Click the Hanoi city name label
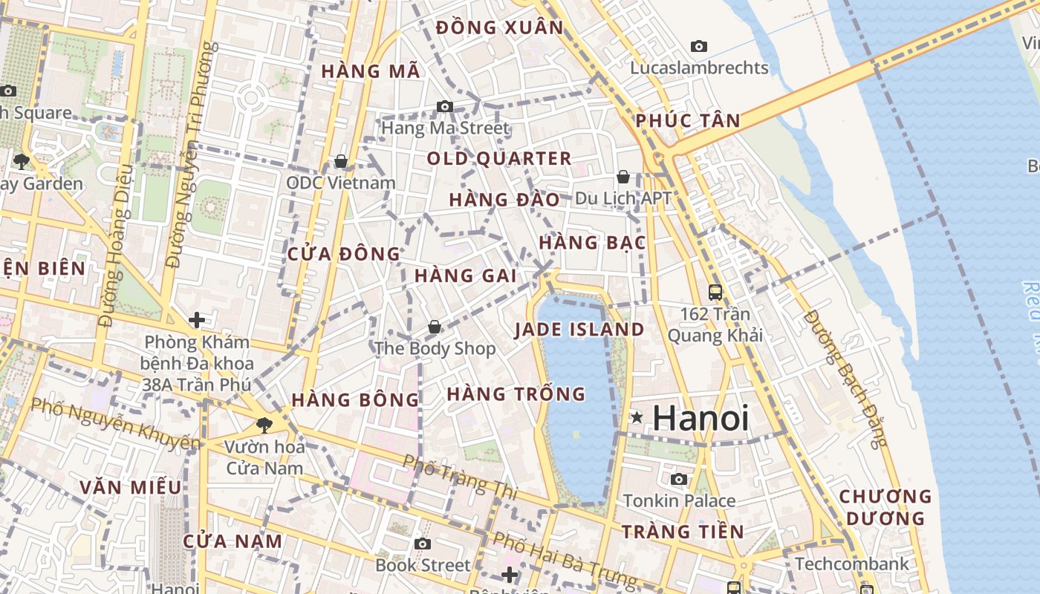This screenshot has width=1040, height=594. click(701, 418)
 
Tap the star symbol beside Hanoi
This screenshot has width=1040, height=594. click(637, 418)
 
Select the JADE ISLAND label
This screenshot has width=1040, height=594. click(579, 330)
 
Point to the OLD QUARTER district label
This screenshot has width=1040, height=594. click(499, 158)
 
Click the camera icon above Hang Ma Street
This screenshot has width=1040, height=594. click(445, 107)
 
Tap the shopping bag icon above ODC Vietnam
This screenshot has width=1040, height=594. click(341, 161)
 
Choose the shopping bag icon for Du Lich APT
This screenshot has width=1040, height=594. click(623, 177)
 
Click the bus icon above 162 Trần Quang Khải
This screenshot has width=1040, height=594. click(715, 293)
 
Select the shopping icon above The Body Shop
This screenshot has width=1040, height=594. click(435, 327)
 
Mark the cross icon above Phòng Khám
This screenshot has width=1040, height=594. click(197, 320)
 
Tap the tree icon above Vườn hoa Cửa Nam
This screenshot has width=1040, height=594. click(264, 425)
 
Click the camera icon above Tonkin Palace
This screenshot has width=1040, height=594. click(679, 480)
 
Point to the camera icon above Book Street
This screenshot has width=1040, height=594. click(423, 544)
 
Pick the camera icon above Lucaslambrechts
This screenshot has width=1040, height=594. click(699, 46)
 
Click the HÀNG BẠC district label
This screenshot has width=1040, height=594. click(592, 243)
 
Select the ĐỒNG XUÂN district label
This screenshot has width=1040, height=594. click(500, 28)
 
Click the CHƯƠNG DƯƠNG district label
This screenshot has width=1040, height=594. click(885, 506)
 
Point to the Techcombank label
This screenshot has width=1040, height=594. click(851, 564)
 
